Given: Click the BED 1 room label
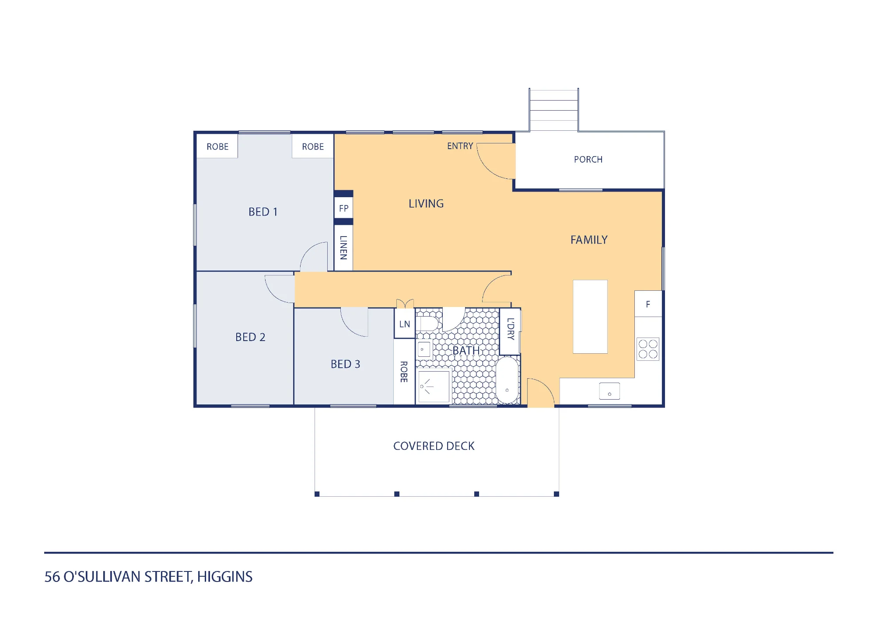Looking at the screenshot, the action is click(x=263, y=212).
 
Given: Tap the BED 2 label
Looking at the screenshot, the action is click(x=250, y=337).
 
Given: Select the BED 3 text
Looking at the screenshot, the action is click(x=345, y=364).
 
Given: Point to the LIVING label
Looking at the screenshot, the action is click(x=426, y=204).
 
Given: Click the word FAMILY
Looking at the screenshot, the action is click(x=589, y=240).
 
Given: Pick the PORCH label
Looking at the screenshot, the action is click(x=588, y=160).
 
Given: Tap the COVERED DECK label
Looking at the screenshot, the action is click(x=434, y=446).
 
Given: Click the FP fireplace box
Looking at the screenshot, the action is click(x=343, y=208).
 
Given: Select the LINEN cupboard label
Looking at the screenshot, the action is click(x=343, y=247).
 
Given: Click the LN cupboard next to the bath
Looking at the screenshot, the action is click(x=405, y=324).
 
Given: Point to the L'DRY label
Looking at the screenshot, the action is click(x=511, y=329).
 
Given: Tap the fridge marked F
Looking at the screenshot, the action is click(x=648, y=304).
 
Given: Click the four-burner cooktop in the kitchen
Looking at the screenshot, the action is click(x=648, y=349).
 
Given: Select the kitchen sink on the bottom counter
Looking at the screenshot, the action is click(x=609, y=391).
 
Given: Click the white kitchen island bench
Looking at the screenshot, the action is click(x=590, y=317).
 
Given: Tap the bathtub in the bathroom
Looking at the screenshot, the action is click(x=507, y=380).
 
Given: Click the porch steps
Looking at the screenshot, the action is click(x=553, y=110).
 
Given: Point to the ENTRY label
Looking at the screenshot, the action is click(x=460, y=146).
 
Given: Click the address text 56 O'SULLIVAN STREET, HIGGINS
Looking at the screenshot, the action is click(x=148, y=577).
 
